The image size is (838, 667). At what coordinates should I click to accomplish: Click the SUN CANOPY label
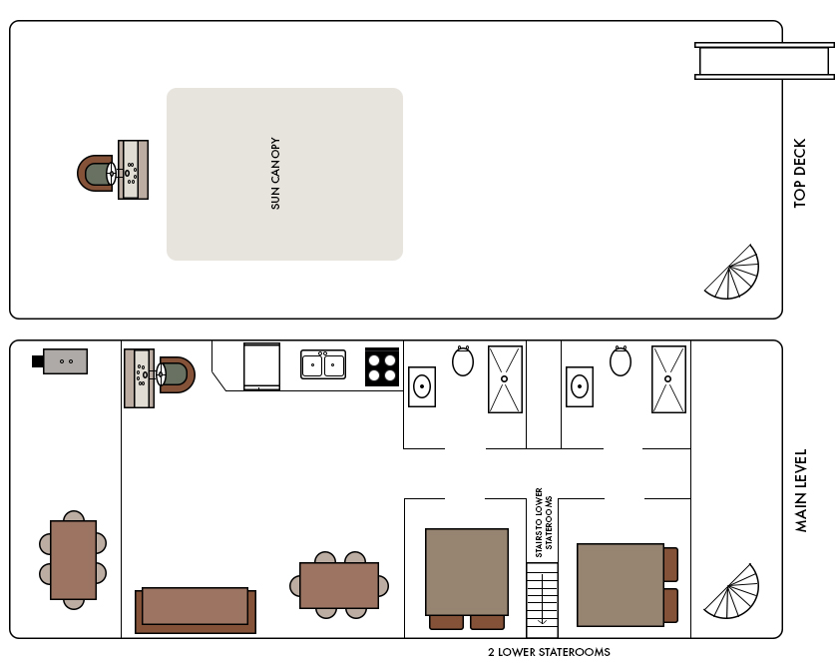tap(275, 174)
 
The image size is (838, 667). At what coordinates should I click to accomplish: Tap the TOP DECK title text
tap(799, 174)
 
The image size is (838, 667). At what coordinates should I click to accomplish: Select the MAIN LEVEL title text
tap(800, 490)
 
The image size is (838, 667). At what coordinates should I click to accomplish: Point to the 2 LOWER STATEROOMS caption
tap(549, 652)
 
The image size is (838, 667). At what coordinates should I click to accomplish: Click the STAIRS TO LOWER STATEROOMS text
tap(544, 522)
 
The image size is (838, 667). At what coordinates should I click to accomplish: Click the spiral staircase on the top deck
tap(731, 272)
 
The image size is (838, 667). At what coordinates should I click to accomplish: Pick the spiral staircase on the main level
tap(731, 591)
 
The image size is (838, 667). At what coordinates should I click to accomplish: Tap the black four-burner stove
tap(382, 366)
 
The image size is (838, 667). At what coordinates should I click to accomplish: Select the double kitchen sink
tap(323, 364)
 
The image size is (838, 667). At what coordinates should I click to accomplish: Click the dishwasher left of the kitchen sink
tap(261, 366)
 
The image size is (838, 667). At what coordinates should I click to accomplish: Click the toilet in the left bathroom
tap(463, 361)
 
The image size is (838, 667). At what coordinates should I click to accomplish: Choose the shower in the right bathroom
tap(668, 379)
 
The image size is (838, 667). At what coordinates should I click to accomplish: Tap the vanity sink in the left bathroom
tap(422, 386)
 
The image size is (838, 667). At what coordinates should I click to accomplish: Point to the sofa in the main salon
tap(196, 610)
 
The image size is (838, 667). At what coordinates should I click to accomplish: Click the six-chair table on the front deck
tap(73, 560)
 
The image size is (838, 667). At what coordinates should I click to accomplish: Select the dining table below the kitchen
tap(339, 585)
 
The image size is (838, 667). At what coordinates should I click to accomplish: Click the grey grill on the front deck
tap(60, 361)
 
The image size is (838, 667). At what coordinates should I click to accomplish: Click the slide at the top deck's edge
tap(765, 61)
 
